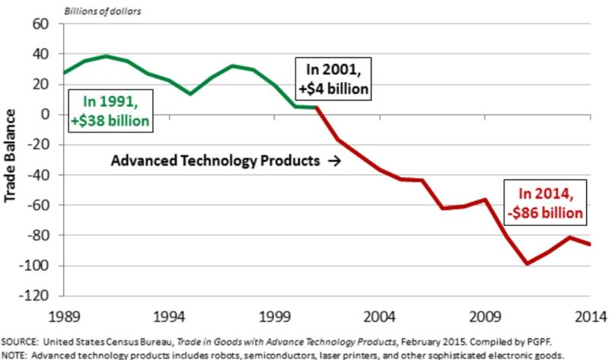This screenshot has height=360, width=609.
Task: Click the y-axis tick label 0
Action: click(46, 114)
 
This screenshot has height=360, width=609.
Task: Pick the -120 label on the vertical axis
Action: click(37, 295)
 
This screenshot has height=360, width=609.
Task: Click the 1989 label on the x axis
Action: click(63, 315)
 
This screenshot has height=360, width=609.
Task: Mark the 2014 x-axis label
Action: click(590, 315)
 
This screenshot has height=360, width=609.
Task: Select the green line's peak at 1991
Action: click(106, 56)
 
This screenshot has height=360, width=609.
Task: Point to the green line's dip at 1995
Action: click(190, 94)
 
